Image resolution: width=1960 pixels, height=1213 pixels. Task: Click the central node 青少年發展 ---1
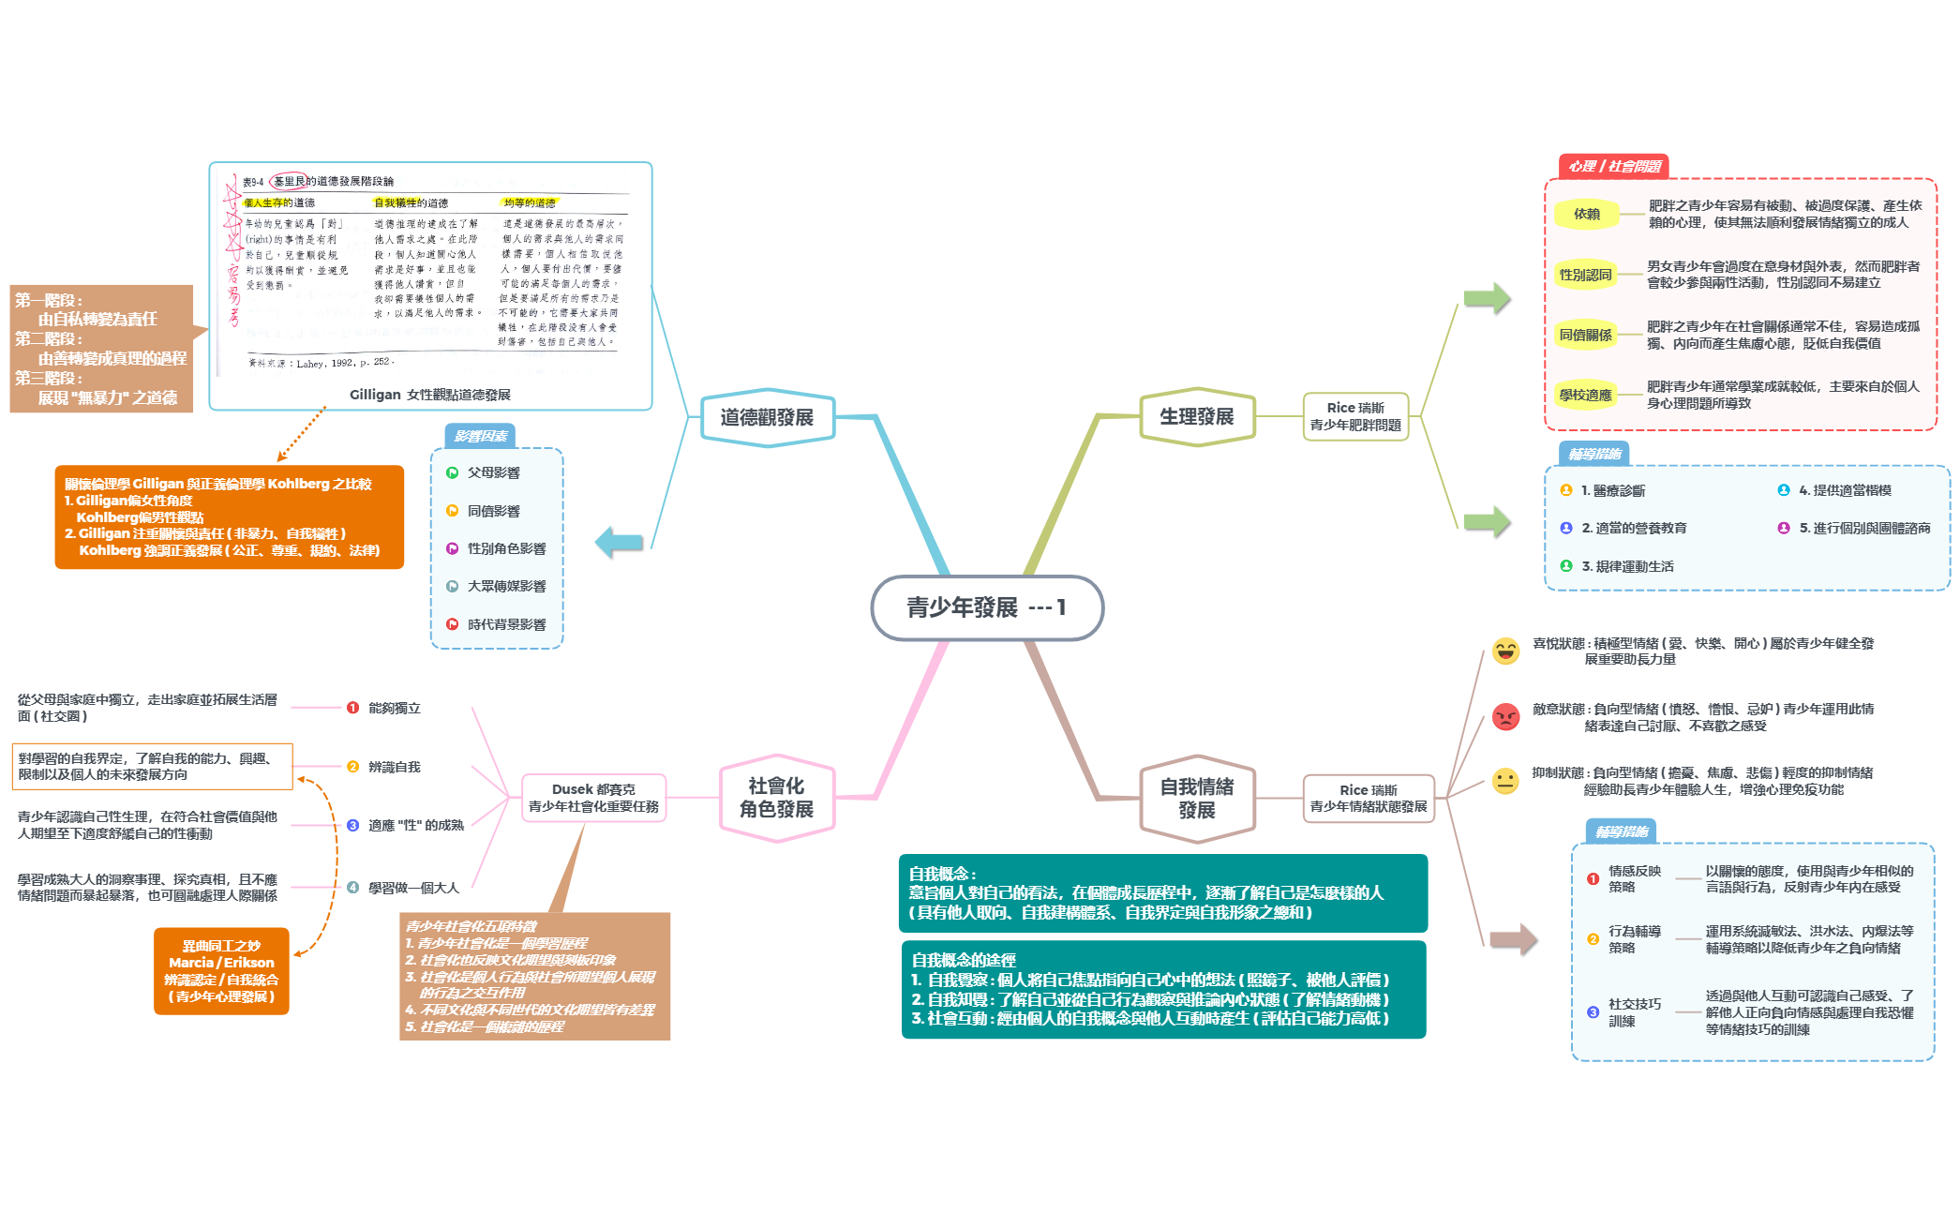click(x=986, y=607)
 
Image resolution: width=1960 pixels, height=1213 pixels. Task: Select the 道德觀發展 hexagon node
click(x=767, y=417)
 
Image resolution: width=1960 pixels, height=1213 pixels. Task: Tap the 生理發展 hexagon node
click(x=1196, y=416)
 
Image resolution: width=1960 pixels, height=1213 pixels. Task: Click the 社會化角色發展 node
click(x=776, y=798)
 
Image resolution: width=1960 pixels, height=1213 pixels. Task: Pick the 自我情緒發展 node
click(x=1196, y=799)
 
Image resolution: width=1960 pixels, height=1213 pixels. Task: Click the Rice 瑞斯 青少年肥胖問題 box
click(x=1354, y=416)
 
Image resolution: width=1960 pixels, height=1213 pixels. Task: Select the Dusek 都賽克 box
click(x=593, y=798)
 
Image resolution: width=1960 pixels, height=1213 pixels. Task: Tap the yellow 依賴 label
click(x=1586, y=214)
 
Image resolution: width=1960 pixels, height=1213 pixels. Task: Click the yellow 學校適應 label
click(x=1585, y=395)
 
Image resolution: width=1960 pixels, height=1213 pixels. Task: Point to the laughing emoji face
click(x=1505, y=651)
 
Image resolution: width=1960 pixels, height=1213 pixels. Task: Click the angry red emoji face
click(x=1505, y=717)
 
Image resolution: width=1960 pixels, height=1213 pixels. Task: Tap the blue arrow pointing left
click(x=620, y=542)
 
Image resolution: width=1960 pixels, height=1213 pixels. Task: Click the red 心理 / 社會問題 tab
click(x=1613, y=166)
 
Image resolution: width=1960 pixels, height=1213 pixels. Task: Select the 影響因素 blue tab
click(x=480, y=436)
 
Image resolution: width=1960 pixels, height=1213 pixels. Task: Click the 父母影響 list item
click(x=493, y=472)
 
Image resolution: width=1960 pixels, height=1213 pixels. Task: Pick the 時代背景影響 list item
click(x=505, y=624)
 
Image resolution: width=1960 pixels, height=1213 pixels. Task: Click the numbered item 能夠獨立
click(x=394, y=708)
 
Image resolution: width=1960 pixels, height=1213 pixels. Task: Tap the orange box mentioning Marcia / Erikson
click(x=221, y=971)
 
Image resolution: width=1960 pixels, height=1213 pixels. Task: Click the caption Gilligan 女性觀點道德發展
click(x=429, y=395)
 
